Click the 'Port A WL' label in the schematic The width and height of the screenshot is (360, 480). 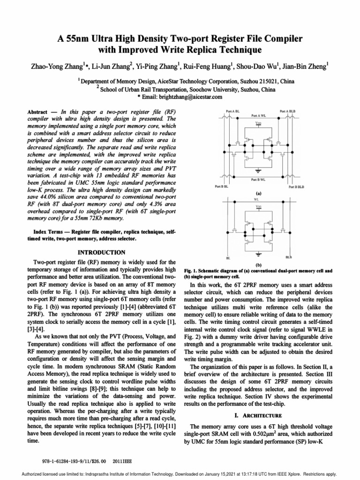[x=259, y=115]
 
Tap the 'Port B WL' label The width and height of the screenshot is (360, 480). [x=259, y=179]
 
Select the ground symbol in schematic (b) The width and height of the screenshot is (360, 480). [x=259, y=255]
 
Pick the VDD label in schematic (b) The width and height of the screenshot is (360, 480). [x=259, y=207]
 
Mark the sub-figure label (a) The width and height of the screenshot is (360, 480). [x=258, y=193]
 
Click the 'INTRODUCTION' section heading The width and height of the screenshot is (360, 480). [x=101, y=252]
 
